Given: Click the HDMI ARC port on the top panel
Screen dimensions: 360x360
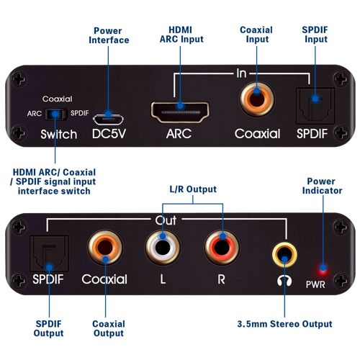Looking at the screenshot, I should [x=179, y=112].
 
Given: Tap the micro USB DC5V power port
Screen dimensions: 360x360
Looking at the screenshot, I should [x=109, y=114].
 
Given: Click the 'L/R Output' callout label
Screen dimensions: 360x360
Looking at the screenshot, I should [x=192, y=189].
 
